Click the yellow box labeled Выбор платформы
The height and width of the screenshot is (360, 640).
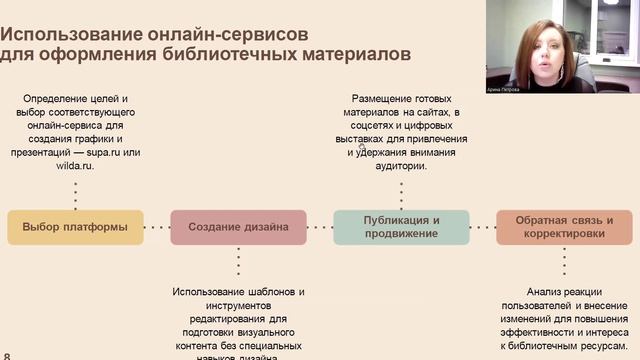click(75, 227)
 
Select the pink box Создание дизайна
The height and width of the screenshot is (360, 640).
click(238, 227)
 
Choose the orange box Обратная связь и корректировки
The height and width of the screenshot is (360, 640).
click(565, 227)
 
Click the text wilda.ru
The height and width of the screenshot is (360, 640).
click(75, 165)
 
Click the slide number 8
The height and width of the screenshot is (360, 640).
click(7, 355)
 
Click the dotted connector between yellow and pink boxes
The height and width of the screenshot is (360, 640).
click(156, 227)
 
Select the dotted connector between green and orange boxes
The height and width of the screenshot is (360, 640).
click(483, 227)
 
